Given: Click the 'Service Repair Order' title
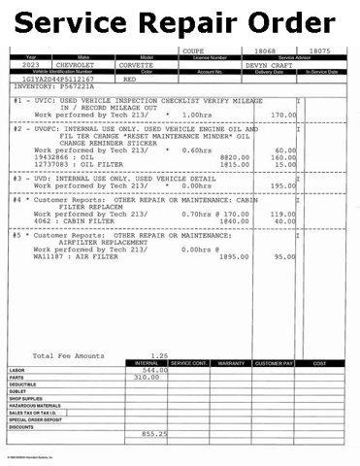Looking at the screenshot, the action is pos(180,21).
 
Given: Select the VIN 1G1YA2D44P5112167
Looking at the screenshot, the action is pos(54,78).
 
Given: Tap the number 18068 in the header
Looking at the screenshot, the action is pos(265,50).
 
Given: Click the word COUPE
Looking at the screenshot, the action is pos(196,50).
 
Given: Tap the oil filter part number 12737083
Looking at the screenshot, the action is pos(54,164).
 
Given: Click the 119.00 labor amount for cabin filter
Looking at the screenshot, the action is pos(282,213).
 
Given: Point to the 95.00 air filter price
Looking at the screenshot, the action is pos(284,256).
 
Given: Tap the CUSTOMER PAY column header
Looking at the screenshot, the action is pos(274,363).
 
